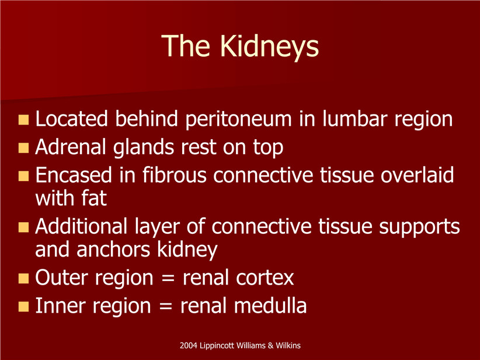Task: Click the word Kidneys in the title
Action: [x=269, y=47]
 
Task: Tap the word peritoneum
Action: [x=238, y=119]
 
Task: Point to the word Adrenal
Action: [x=71, y=147]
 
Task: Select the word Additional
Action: [x=81, y=226]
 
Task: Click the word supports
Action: [x=419, y=227]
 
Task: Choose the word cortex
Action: [x=265, y=278]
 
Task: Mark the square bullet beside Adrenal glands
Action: [x=23, y=148]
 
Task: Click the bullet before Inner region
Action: [x=23, y=307]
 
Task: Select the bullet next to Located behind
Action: [x=23, y=120]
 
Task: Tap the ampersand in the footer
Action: [x=270, y=345]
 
